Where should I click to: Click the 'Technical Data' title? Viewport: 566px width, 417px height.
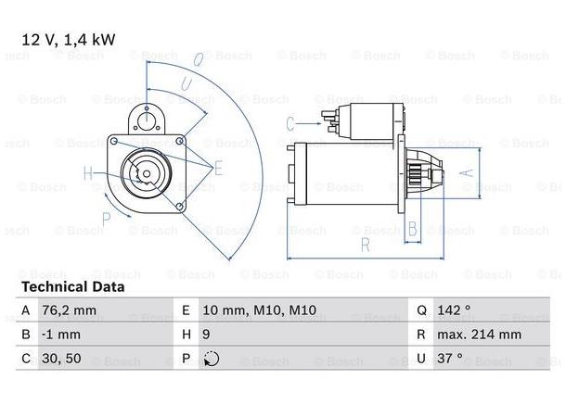[x=72, y=287]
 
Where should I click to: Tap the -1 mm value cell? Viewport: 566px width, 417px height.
[x=59, y=335]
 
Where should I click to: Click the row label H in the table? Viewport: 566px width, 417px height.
[x=185, y=335]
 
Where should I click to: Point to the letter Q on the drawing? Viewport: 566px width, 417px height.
[x=198, y=60]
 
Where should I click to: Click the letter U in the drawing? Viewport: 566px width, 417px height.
[x=185, y=85]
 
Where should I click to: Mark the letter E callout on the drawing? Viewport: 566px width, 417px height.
[x=219, y=168]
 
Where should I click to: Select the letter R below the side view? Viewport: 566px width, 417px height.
[x=366, y=246]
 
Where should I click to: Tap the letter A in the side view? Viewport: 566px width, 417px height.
[x=469, y=172]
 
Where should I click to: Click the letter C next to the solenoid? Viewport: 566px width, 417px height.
[x=290, y=122]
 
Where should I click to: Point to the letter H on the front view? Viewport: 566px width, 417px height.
[x=88, y=172]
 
